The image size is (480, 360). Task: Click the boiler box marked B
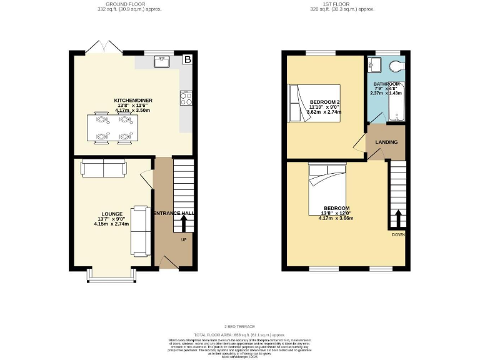(x=187, y=60)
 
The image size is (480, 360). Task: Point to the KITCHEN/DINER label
(x=132, y=101)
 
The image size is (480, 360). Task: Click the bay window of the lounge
(x=109, y=276)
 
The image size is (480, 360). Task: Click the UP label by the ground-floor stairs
(x=183, y=239)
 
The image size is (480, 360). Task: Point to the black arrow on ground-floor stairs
(x=184, y=224)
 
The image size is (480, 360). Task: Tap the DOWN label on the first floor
(x=398, y=234)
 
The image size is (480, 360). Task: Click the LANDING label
(x=386, y=142)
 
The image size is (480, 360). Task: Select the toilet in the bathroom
(x=396, y=67)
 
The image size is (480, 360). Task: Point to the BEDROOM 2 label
(x=325, y=102)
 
